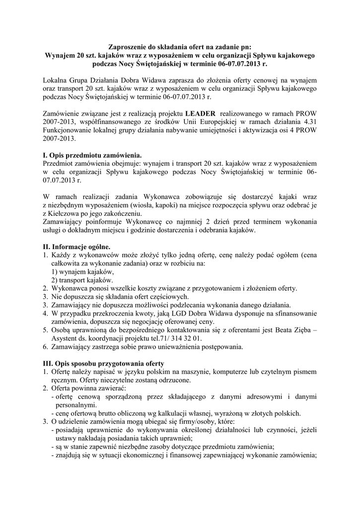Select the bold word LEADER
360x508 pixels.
(201, 113)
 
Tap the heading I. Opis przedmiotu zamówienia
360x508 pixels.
(92, 154)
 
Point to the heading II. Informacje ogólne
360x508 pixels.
(77, 247)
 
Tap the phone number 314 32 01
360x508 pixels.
(187, 338)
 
